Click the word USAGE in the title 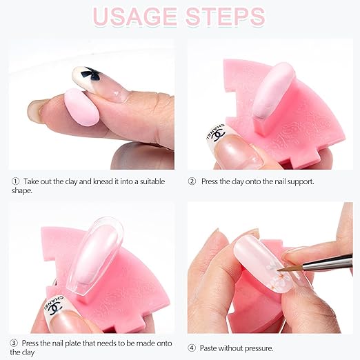134,17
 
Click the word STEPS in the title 226,17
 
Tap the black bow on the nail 90,73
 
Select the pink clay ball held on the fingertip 81,108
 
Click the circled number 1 15,181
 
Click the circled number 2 192,181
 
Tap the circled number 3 14,343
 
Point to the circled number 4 192,348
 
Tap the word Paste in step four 208,348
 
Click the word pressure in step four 259,349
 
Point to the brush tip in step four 279,270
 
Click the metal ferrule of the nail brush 326,263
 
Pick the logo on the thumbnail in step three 54,306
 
